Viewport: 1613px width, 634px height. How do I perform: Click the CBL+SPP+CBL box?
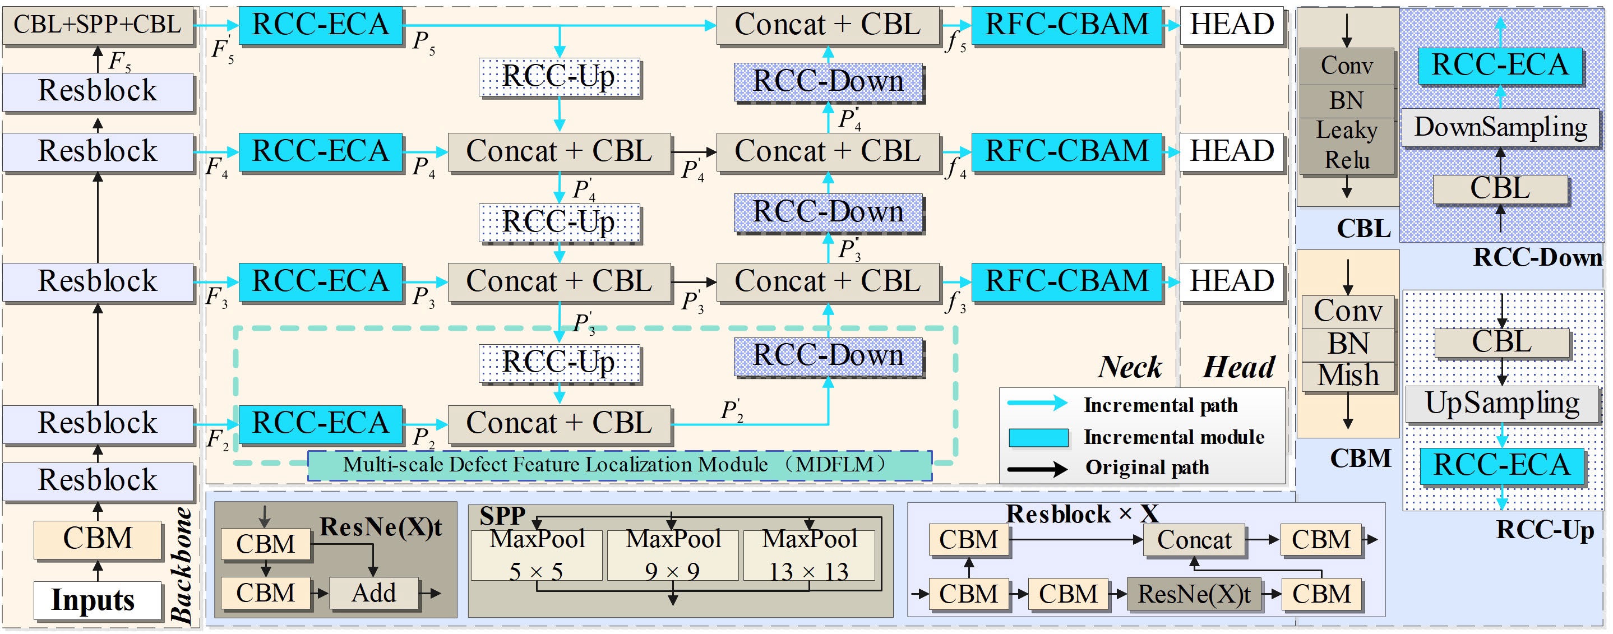(98, 25)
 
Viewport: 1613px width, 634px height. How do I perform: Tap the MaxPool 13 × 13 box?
(809, 555)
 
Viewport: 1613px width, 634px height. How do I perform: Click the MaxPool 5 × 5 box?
(537, 555)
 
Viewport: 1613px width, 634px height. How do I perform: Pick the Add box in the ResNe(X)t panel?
(374, 593)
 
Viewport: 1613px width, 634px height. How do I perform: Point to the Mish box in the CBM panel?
(1348, 376)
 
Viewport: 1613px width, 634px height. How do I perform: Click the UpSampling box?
(1501, 404)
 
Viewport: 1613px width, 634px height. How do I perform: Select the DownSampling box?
(1500, 128)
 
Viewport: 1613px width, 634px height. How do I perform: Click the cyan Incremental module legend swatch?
(1038, 437)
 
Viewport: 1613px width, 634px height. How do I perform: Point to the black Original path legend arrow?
(1037, 468)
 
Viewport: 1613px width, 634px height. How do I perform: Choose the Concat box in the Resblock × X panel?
(1194, 539)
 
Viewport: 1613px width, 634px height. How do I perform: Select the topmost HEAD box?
(1232, 25)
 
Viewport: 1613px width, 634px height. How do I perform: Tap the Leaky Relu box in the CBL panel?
(1347, 146)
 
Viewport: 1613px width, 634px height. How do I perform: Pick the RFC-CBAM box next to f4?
(1066, 151)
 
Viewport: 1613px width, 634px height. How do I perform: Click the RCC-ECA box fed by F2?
(320, 423)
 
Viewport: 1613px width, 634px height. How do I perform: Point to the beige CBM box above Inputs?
(98, 539)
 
